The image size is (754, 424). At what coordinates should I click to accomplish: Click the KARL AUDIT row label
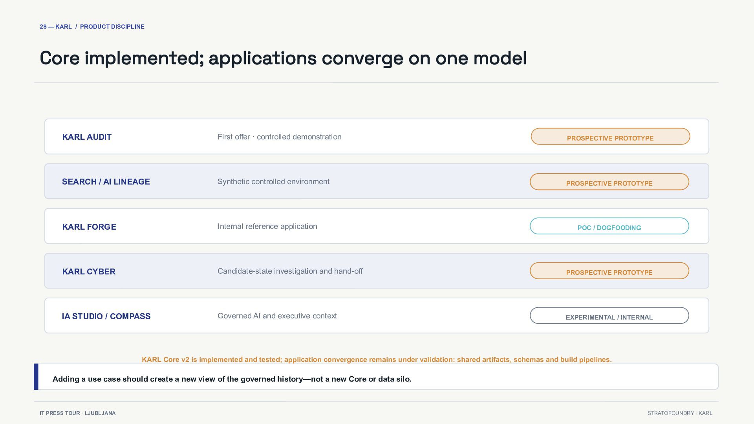tap(87, 137)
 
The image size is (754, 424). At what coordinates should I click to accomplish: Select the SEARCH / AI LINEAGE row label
tap(106, 182)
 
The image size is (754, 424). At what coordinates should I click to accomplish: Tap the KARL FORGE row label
tap(89, 227)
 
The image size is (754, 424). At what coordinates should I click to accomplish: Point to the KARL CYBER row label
tap(89, 272)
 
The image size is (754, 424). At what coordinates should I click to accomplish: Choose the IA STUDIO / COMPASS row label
tap(106, 316)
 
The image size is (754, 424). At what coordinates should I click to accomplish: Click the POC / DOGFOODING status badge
tap(609, 226)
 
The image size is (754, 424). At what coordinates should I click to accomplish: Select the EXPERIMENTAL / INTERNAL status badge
tap(609, 316)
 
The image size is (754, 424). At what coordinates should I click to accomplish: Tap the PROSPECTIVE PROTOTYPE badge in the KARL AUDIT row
tap(610, 137)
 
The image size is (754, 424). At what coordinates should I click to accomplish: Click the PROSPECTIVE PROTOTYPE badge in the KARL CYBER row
tap(609, 271)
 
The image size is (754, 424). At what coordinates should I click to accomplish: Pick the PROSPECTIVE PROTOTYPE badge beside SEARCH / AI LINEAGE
tap(609, 182)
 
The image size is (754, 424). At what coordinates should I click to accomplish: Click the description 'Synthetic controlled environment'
tap(273, 182)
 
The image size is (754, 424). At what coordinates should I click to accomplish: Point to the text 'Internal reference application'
tap(267, 227)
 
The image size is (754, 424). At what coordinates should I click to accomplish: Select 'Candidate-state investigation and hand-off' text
tap(290, 271)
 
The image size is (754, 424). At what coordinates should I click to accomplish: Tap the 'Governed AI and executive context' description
tap(277, 316)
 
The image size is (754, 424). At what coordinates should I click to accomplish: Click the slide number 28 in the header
tap(43, 27)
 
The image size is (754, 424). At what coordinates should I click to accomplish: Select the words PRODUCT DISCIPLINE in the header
tap(112, 27)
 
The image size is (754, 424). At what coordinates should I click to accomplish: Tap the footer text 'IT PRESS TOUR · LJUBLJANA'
tap(78, 413)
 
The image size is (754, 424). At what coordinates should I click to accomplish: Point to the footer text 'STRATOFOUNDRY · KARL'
tap(680, 413)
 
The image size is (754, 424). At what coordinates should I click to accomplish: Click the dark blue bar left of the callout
tap(36, 377)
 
